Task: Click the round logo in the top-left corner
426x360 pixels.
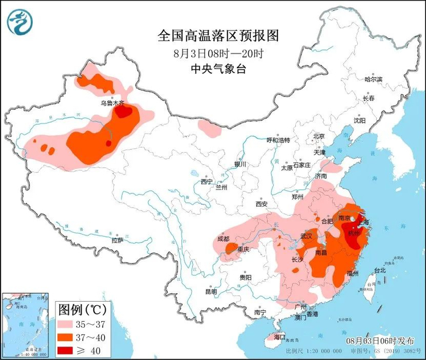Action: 19,22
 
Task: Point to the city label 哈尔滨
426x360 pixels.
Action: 372,80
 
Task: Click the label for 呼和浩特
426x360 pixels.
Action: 279,140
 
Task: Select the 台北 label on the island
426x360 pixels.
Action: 379,269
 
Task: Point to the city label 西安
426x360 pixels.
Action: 262,204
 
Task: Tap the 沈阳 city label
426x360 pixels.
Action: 360,120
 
